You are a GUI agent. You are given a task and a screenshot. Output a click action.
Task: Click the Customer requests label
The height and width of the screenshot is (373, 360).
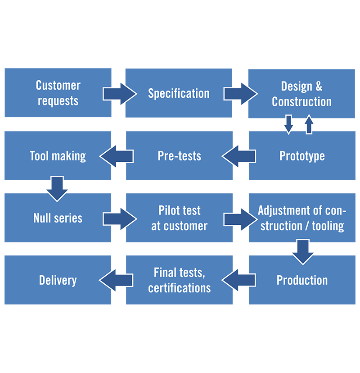pyautogui.click(x=58, y=93)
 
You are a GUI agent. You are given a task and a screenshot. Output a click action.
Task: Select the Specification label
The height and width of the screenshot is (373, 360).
pyautogui.click(x=179, y=94)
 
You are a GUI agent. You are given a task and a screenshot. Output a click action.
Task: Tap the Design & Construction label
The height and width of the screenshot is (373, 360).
pyautogui.click(x=301, y=94)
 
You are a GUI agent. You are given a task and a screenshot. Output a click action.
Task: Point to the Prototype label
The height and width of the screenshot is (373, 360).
pyautogui.click(x=302, y=156)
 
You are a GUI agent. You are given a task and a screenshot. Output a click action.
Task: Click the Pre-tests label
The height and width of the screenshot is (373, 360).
pyautogui.click(x=179, y=156)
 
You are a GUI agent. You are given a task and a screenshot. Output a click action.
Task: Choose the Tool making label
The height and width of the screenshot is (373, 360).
pyautogui.click(x=58, y=156)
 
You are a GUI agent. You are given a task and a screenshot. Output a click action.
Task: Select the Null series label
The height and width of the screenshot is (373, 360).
pyautogui.click(x=58, y=218)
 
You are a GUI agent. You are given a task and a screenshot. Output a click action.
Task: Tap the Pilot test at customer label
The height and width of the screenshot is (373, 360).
pyautogui.click(x=179, y=218)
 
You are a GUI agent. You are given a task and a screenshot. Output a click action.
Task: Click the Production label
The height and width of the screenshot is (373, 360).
pyautogui.click(x=302, y=280)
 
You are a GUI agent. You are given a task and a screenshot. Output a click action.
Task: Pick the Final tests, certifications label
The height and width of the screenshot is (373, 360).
pyautogui.click(x=179, y=280)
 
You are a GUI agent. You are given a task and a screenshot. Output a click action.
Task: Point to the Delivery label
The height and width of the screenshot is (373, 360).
pyautogui.click(x=58, y=280)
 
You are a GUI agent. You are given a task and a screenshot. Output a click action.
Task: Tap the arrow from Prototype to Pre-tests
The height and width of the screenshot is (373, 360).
pyautogui.click(x=239, y=156)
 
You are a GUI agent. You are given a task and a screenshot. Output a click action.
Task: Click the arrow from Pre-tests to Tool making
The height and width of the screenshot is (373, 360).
pyautogui.click(x=117, y=156)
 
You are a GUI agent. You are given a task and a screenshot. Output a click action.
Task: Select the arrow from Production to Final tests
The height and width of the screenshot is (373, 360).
pyautogui.click(x=239, y=280)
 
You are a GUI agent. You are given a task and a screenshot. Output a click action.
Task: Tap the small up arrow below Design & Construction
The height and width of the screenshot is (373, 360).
pyautogui.click(x=309, y=125)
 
